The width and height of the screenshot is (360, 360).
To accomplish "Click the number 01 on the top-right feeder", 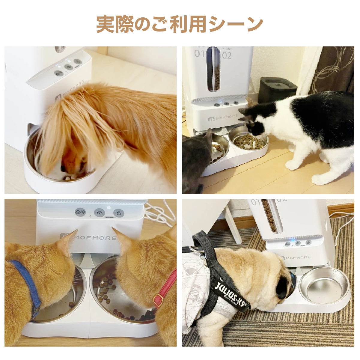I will [x=200, y=54].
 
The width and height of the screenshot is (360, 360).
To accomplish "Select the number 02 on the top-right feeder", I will [x=227, y=55].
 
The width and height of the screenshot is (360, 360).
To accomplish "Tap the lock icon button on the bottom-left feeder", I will [x=118, y=213].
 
